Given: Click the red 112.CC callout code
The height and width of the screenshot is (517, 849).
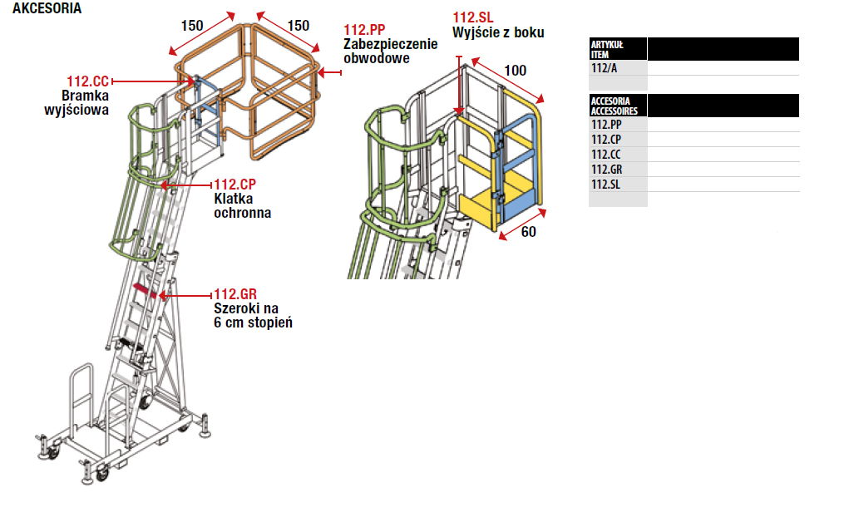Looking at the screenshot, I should [88, 81].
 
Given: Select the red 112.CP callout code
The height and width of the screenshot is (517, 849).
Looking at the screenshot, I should [235, 185].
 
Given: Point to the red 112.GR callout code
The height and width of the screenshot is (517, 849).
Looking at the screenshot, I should [235, 293].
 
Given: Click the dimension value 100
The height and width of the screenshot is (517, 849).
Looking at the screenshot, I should [516, 71].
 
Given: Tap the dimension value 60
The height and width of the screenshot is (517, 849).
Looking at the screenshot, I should [528, 232].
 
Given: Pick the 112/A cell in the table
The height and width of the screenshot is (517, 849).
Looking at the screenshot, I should [605, 68].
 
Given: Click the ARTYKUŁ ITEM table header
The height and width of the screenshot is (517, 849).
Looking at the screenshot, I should [607, 48].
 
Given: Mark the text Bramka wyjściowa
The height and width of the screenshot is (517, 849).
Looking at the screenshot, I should [77, 102].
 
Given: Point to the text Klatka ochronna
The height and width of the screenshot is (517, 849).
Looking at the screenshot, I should [242, 206].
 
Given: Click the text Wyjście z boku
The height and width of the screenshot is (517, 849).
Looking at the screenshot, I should [498, 33].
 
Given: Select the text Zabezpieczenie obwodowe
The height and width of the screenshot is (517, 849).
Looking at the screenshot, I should [390, 52].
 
